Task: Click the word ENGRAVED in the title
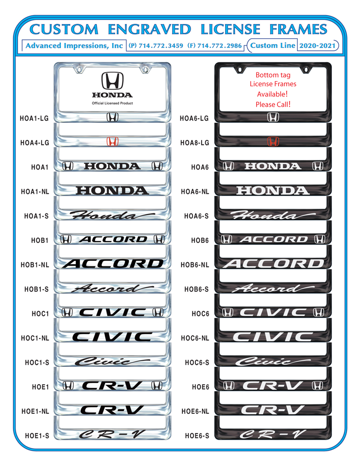pyautogui.click(x=150, y=30)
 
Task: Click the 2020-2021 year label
pyautogui.click(x=317, y=46)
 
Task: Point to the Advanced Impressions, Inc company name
pyautogui.click(x=74, y=46)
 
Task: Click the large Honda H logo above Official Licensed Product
pyautogui.click(x=112, y=80)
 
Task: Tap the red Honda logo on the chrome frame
pyautogui.click(x=112, y=141)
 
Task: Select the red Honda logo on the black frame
pyautogui.click(x=273, y=141)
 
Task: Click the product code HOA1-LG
pyautogui.click(x=34, y=118)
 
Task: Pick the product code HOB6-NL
pyautogui.click(x=195, y=265)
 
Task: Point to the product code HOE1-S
pyautogui.click(x=37, y=436)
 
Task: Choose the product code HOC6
pyautogui.click(x=200, y=314)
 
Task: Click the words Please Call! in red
pyautogui.click(x=273, y=105)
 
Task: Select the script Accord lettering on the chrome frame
pyautogui.click(x=112, y=288)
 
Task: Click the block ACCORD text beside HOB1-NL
pyautogui.click(x=113, y=264)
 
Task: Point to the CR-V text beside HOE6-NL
pyautogui.click(x=272, y=410)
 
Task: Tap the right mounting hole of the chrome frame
pyautogui.click(x=145, y=70)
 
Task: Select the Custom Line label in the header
pyautogui.click(x=273, y=45)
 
